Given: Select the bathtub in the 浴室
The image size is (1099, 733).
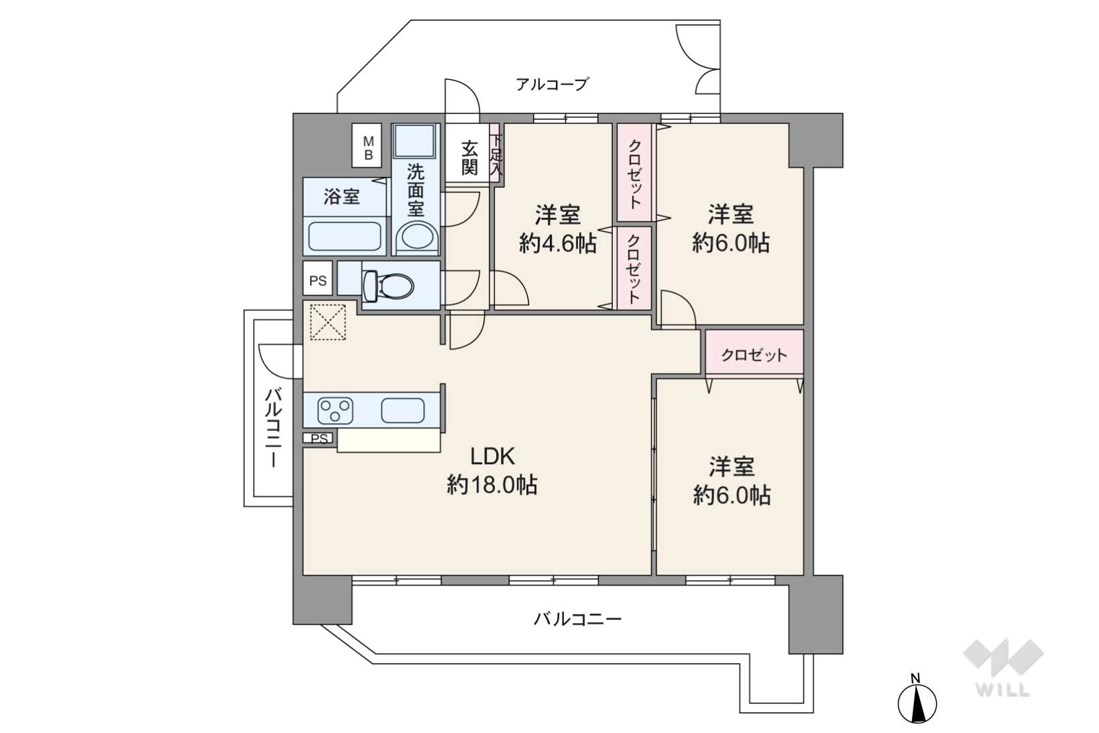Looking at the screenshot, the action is click(345, 236).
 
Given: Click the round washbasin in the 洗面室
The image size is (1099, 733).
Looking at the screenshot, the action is click(416, 237).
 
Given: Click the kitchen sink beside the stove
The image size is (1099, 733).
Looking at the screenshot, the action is click(403, 410).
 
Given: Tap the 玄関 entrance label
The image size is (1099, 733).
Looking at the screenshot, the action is click(469, 158).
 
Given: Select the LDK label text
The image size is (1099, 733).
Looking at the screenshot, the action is click(493, 456).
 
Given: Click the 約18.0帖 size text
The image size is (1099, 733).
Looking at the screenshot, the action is click(492, 486).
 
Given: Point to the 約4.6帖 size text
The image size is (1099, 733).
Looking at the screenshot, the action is click(558, 243).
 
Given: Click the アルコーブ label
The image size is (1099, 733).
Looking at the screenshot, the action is click(551, 84).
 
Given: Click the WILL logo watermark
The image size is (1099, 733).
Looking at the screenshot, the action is click(1003, 667).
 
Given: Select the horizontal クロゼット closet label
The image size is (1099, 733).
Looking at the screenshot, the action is click(754, 355).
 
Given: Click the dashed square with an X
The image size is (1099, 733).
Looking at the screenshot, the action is click(329, 322).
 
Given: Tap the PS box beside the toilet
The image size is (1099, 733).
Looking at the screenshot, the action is click(317, 280).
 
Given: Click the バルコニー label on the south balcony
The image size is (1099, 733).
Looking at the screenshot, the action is click(577, 619).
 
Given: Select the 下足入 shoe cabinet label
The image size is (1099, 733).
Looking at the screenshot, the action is click(496, 156).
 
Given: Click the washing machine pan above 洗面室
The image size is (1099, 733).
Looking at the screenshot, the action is click(414, 141).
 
